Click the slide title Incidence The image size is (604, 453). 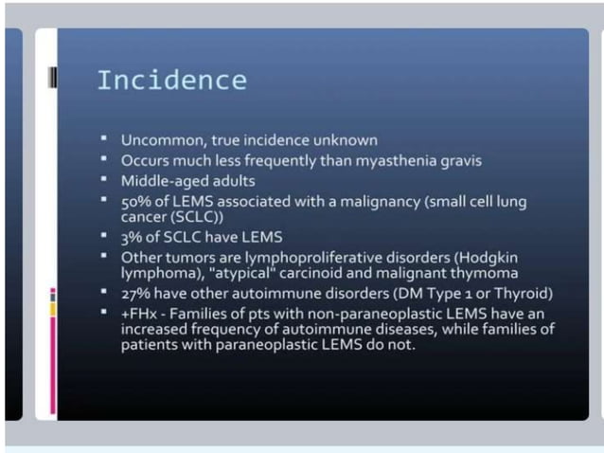point(171,80)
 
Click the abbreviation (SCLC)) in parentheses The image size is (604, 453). point(194,216)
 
